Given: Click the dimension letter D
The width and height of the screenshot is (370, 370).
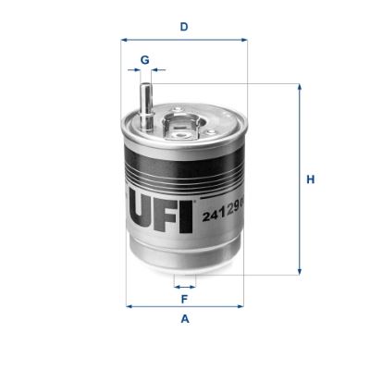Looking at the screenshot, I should click(184, 27).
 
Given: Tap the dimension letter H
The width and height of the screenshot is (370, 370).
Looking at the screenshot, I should click(312, 179).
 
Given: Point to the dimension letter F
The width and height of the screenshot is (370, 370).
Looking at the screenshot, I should click(185, 299).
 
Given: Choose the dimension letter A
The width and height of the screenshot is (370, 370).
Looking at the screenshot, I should click(185, 319).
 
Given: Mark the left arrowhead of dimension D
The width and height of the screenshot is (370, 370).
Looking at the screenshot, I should click(125, 41).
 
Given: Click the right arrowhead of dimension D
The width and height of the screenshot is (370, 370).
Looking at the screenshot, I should click(244, 41).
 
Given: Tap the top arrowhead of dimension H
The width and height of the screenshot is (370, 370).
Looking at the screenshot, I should click(300, 87).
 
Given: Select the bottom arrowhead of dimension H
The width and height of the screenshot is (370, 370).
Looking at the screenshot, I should click(300, 271).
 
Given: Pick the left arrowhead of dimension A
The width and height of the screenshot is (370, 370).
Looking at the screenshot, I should click(128, 306).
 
